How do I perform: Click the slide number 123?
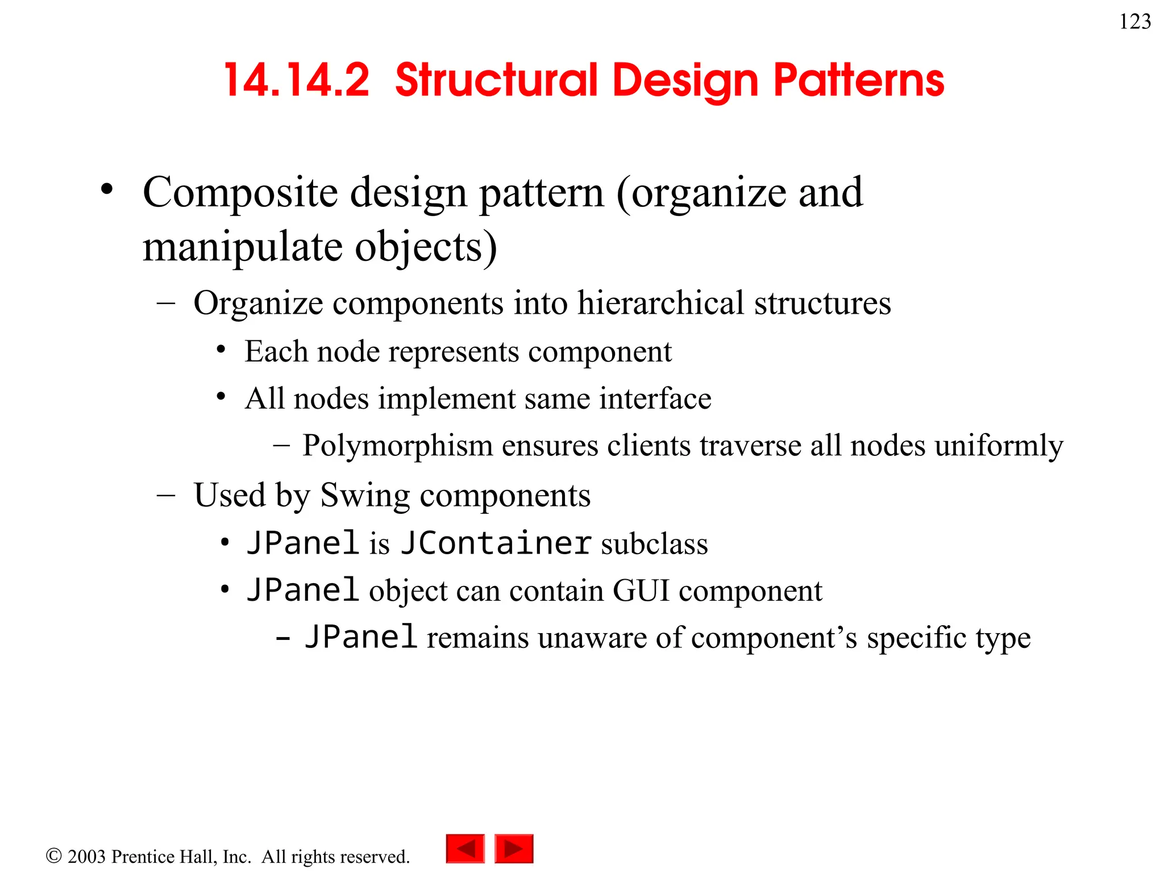click(x=1134, y=22)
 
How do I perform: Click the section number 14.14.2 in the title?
click(x=296, y=81)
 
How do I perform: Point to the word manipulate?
click(x=242, y=247)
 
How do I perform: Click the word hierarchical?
click(x=660, y=303)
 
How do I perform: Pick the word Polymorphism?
click(x=397, y=446)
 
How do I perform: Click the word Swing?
click(x=365, y=496)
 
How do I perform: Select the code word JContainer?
click(x=496, y=543)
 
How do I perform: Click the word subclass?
click(x=654, y=544)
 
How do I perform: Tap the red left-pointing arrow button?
click(x=465, y=849)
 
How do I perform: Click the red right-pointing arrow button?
click(x=514, y=849)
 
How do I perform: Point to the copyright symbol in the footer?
click(x=53, y=856)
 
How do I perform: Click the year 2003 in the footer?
click(x=86, y=857)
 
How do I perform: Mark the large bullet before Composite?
click(x=107, y=189)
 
